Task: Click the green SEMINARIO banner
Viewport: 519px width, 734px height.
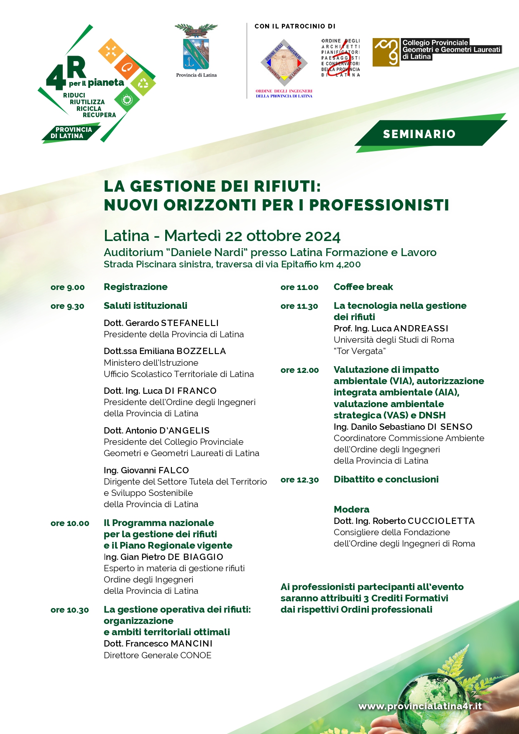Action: pyautogui.click(x=419, y=134)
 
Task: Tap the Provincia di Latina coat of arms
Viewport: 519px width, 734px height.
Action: pyautogui.click(x=196, y=48)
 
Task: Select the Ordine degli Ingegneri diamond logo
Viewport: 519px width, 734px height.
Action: pyautogui.click(x=284, y=63)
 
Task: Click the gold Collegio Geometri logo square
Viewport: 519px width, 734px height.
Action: pyautogui.click(x=386, y=52)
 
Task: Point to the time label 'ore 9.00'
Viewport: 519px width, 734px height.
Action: pyautogui.click(x=68, y=287)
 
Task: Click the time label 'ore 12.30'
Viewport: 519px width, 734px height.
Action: pyautogui.click(x=299, y=480)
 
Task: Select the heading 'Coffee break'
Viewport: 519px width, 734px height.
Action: pyautogui.click(x=363, y=287)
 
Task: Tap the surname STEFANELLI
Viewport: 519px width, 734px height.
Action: pyautogui.click(x=190, y=323)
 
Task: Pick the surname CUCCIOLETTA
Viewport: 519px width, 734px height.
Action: pyautogui.click(x=441, y=521)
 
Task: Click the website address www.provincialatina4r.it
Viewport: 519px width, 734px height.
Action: pyautogui.click(x=420, y=706)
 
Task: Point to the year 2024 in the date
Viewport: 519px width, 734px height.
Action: pyautogui.click(x=323, y=236)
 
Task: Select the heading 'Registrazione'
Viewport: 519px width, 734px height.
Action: pyautogui.click(x=136, y=287)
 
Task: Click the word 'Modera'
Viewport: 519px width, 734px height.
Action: pyautogui.click(x=351, y=510)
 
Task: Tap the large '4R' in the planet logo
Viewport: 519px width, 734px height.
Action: pyautogui.click(x=66, y=73)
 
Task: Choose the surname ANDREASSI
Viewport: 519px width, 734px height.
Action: pyautogui.click(x=421, y=329)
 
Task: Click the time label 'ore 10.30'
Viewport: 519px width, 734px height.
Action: pyautogui.click(x=70, y=610)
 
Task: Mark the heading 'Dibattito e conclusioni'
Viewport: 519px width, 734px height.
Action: pyautogui.click(x=386, y=480)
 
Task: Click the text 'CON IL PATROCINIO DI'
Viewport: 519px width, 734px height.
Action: pyautogui.click(x=295, y=26)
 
